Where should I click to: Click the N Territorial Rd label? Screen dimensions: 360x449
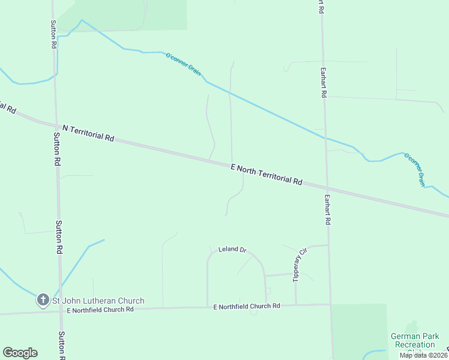point(88,133)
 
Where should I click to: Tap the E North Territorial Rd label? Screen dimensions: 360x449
point(266,175)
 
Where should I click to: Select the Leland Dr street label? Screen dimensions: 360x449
point(232,249)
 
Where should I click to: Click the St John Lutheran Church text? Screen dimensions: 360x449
point(98,301)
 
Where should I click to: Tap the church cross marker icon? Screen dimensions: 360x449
point(43,299)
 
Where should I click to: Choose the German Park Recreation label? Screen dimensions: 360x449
point(415,341)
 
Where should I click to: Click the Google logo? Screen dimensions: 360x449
point(20,353)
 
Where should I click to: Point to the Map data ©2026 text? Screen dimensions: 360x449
point(423,355)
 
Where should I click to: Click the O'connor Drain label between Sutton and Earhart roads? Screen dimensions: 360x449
point(183,63)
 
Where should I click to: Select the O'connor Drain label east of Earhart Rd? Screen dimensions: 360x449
point(414,169)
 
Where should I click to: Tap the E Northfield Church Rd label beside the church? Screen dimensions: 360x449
point(100,310)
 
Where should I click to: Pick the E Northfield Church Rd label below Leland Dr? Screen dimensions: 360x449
point(247,306)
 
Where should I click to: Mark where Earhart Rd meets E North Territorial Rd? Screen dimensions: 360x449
point(327,187)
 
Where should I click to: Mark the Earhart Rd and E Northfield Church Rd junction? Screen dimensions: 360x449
point(330,304)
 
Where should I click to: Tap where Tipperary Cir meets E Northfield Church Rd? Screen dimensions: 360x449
point(296,305)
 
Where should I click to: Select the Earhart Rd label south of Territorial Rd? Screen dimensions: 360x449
point(328,209)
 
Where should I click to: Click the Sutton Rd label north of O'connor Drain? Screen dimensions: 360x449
point(53,34)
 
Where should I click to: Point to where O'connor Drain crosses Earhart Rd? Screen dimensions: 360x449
point(325,138)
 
